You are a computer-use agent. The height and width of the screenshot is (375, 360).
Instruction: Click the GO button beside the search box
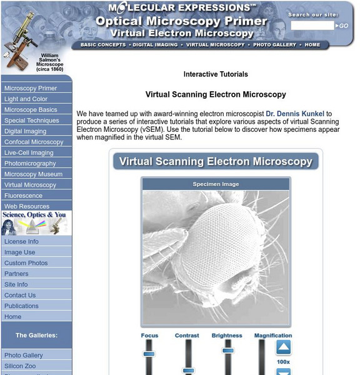point(343,26)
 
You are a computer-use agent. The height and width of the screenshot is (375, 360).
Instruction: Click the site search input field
point(312,26)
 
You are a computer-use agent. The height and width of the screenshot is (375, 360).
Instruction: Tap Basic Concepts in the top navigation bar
point(101,45)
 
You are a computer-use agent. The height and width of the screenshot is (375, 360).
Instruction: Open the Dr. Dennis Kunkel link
point(295,114)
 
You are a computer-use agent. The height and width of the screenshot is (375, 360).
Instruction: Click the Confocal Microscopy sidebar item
point(34,142)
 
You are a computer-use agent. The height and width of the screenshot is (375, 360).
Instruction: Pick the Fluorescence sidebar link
point(23,196)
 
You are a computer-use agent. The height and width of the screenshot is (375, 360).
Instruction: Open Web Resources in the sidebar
point(27,206)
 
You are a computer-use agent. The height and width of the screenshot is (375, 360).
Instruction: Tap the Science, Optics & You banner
point(36,223)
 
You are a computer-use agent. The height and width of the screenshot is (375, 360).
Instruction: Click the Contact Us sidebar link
point(20,295)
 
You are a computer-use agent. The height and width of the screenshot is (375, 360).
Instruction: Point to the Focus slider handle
point(149,354)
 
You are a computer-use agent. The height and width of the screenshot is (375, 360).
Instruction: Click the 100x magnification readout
point(283,361)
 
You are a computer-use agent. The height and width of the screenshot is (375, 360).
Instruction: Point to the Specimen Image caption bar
point(216,184)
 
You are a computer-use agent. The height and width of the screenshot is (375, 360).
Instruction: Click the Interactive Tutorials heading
point(216,74)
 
